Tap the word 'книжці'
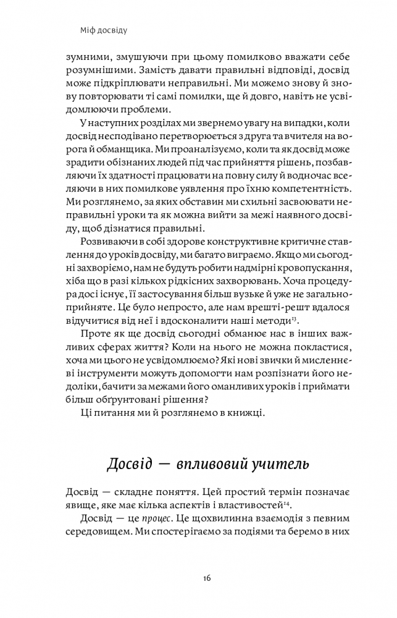tap(242, 414)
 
